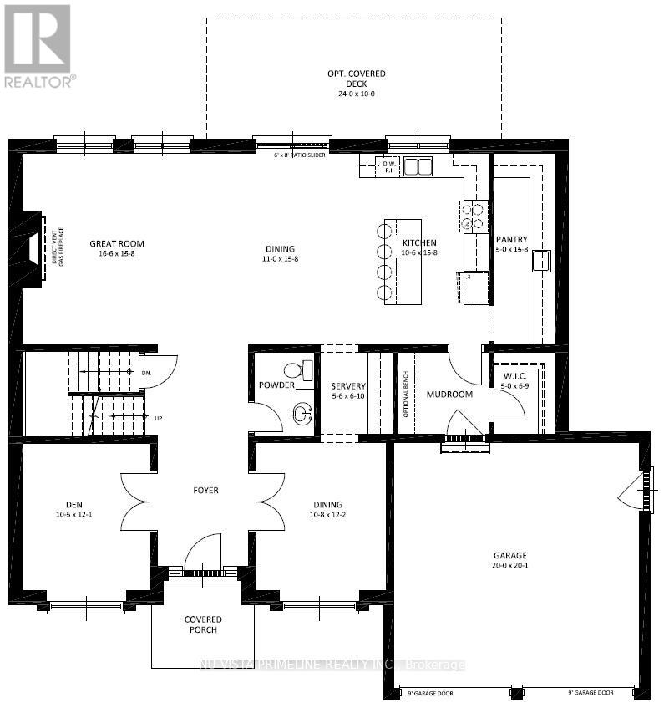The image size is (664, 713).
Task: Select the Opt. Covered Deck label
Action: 356,79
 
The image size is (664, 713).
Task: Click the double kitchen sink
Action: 418,166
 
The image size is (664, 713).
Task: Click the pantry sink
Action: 541,261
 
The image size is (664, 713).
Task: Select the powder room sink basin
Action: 302,411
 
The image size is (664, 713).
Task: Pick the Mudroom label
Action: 449,394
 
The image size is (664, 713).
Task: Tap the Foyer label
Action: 205,490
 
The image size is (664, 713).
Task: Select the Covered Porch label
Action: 203,624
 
